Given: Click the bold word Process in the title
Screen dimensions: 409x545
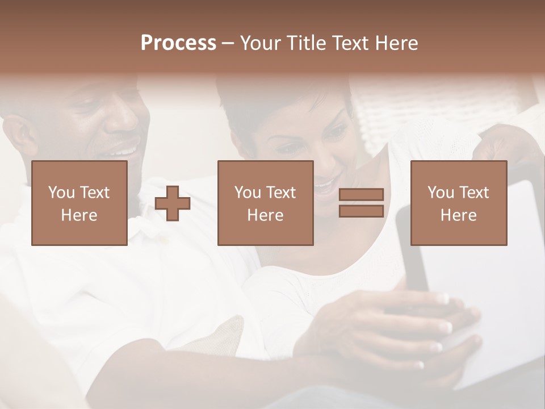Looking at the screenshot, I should pos(178,43).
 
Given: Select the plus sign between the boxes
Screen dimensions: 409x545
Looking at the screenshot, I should pos(173,203).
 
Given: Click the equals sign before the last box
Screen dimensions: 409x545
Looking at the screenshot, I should pos(361,203).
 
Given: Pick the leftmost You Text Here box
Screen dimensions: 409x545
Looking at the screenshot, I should pos(79,203).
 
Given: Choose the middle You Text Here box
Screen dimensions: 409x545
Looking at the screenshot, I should pos(265,203).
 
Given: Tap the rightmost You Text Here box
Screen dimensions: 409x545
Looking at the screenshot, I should pos(458,203).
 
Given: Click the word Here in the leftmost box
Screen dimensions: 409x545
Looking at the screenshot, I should pos(79,215).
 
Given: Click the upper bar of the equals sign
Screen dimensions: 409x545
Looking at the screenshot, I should pos(361,195).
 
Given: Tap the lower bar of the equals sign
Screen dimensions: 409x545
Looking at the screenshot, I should pos(361,211).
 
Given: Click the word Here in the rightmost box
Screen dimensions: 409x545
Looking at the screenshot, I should pos(458,215).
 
